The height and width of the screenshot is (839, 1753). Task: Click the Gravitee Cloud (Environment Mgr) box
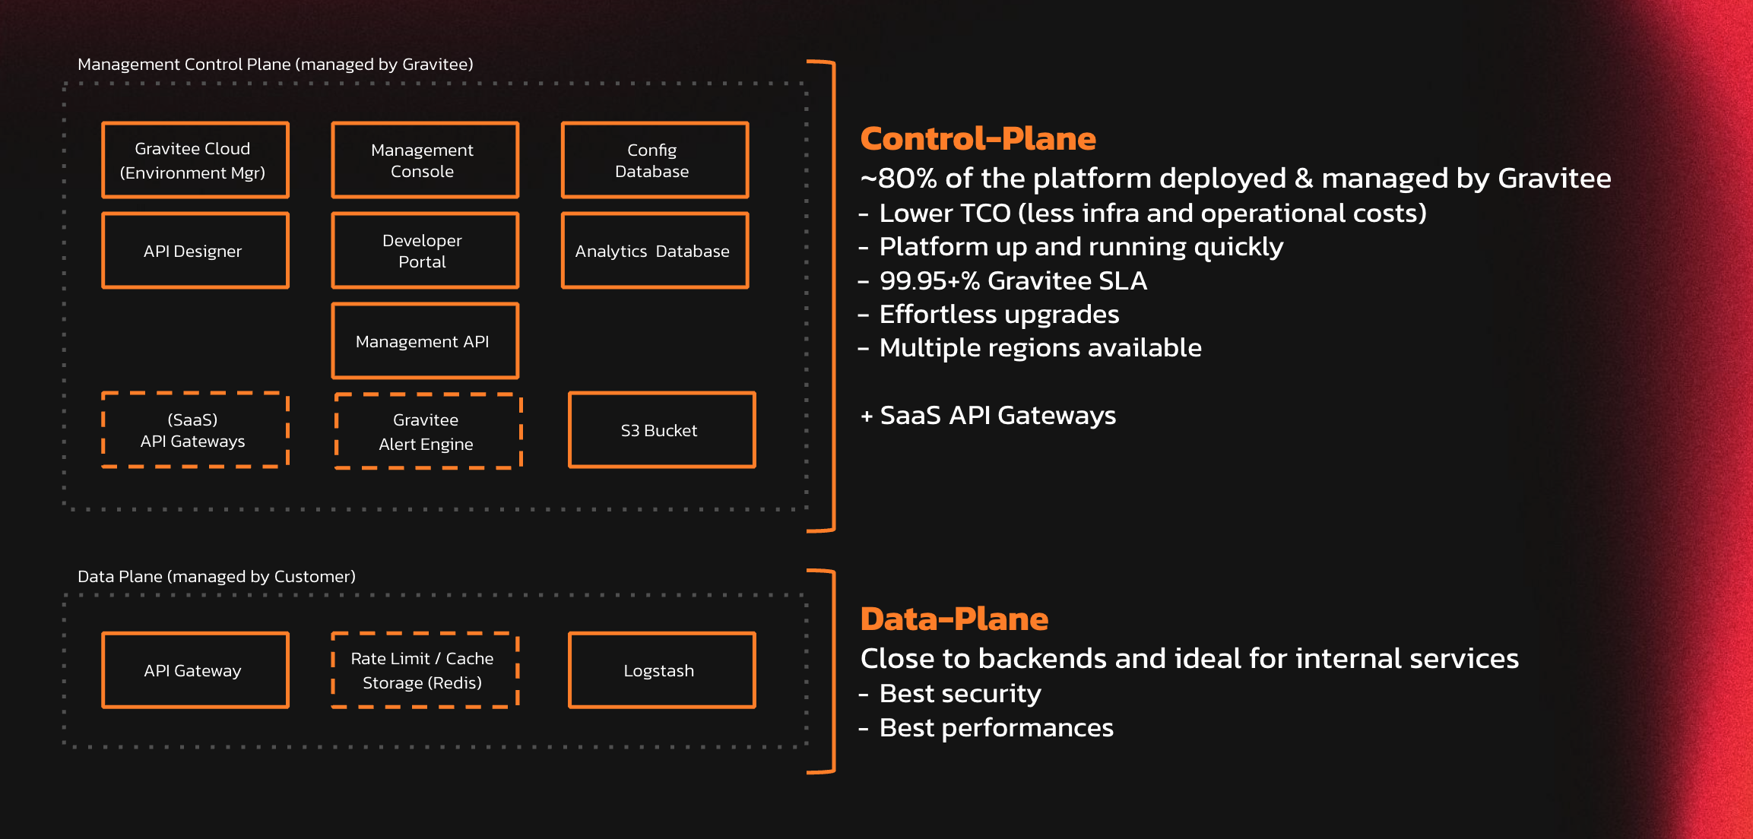point(195,160)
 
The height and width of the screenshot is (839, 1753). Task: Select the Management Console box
point(425,160)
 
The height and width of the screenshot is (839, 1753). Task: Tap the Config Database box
point(655,160)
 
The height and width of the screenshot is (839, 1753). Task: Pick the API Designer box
point(195,251)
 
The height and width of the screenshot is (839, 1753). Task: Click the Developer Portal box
point(425,251)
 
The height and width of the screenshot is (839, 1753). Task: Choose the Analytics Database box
point(655,251)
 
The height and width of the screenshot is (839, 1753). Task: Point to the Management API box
point(425,341)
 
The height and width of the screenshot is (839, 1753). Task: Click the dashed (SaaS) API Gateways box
point(195,430)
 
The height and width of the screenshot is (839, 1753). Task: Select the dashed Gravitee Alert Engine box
point(428,432)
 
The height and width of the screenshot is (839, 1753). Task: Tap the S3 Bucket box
point(661,430)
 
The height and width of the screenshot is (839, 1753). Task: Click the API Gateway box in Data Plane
point(195,670)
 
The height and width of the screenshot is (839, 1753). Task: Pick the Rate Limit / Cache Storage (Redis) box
point(425,670)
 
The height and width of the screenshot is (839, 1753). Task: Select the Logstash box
point(661,670)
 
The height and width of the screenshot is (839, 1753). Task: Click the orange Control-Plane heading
point(978,139)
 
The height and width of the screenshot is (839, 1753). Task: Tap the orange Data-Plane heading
point(954,619)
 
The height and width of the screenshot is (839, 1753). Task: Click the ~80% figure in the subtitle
point(898,179)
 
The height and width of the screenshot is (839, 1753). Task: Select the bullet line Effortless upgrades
point(998,315)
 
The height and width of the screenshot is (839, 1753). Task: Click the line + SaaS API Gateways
point(988,416)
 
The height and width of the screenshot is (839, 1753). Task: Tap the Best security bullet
point(959,694)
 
